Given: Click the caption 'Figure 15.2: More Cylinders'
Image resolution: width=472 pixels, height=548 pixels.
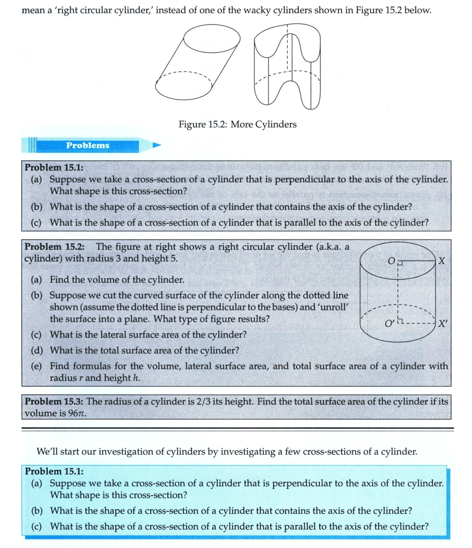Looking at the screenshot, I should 237,124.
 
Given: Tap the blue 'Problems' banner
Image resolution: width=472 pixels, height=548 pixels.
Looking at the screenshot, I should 88,145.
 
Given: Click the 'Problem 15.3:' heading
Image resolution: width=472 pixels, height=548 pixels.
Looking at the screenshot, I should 55,402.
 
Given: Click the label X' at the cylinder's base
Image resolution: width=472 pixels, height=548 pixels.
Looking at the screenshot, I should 442,324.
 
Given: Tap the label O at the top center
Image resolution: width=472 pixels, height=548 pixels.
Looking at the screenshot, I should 391,261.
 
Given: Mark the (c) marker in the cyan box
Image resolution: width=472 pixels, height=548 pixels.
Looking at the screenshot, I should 36,526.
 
